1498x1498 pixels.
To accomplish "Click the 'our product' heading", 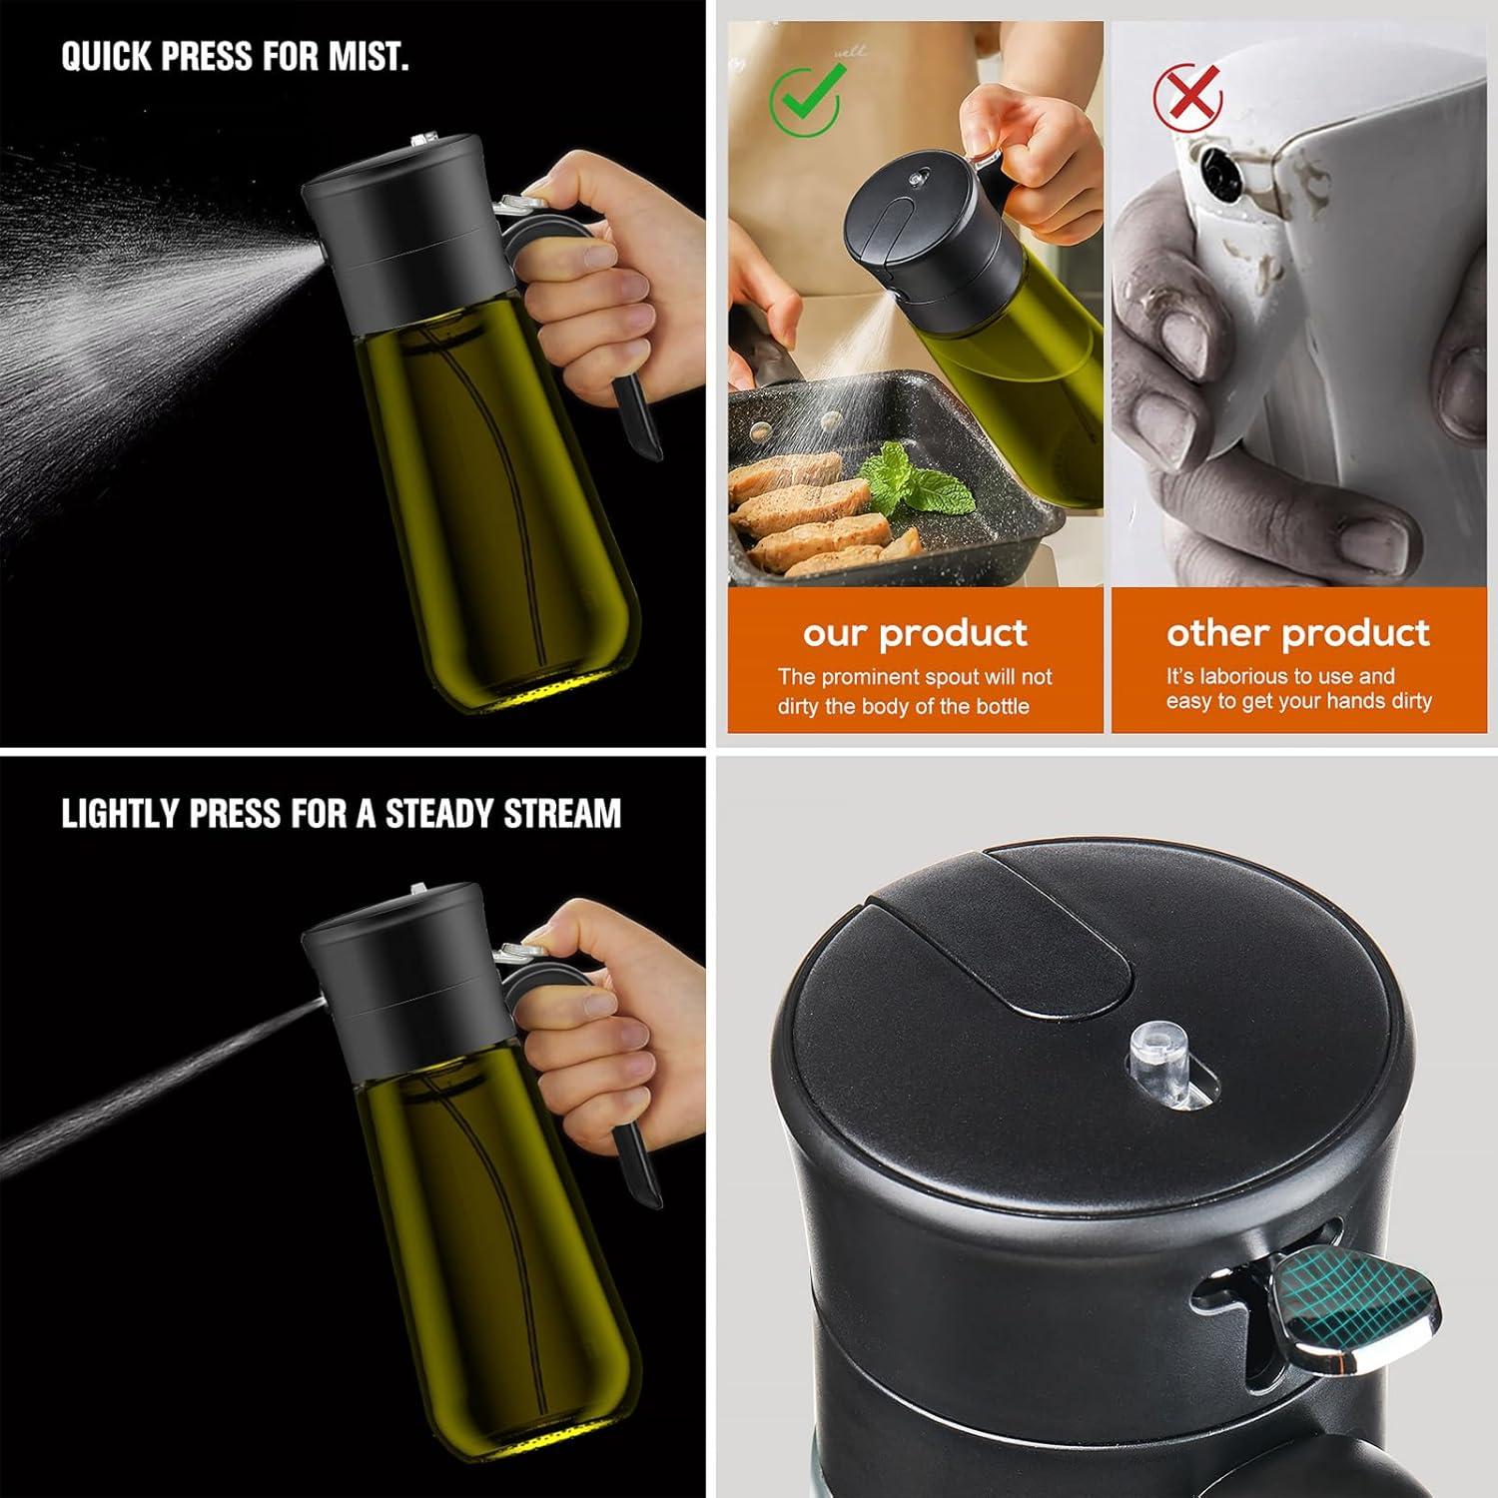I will coord(914,633).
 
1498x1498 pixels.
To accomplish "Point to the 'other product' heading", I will coord(1297,633).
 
